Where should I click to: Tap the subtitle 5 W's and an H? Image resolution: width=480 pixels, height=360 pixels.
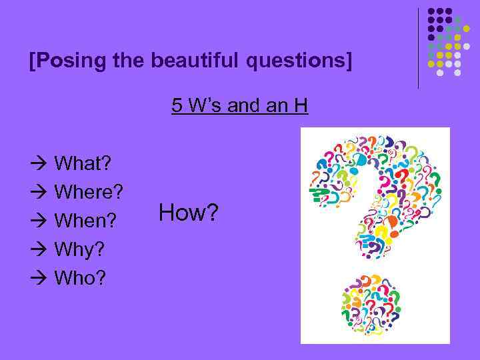[239, 106]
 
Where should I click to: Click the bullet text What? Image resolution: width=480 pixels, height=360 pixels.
[83, 163]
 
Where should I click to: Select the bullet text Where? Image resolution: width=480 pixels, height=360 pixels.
[89, 192]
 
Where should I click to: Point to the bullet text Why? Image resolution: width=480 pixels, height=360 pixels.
[79, 249]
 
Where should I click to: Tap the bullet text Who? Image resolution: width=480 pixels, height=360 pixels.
[80, 277]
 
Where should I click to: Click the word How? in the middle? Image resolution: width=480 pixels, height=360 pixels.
[189, 213]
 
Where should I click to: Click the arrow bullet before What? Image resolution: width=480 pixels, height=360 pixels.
[39, 163]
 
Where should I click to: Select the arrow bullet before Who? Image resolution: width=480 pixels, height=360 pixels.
[39, 277]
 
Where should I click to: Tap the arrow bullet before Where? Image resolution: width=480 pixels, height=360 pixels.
[39, 192]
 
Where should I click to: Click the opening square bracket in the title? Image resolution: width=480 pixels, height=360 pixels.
[32, 61]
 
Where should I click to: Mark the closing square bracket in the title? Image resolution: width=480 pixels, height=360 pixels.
[347, 61]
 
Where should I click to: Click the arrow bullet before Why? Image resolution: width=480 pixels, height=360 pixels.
[39, 249]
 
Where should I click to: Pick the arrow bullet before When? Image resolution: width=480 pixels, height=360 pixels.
[39, 220]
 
